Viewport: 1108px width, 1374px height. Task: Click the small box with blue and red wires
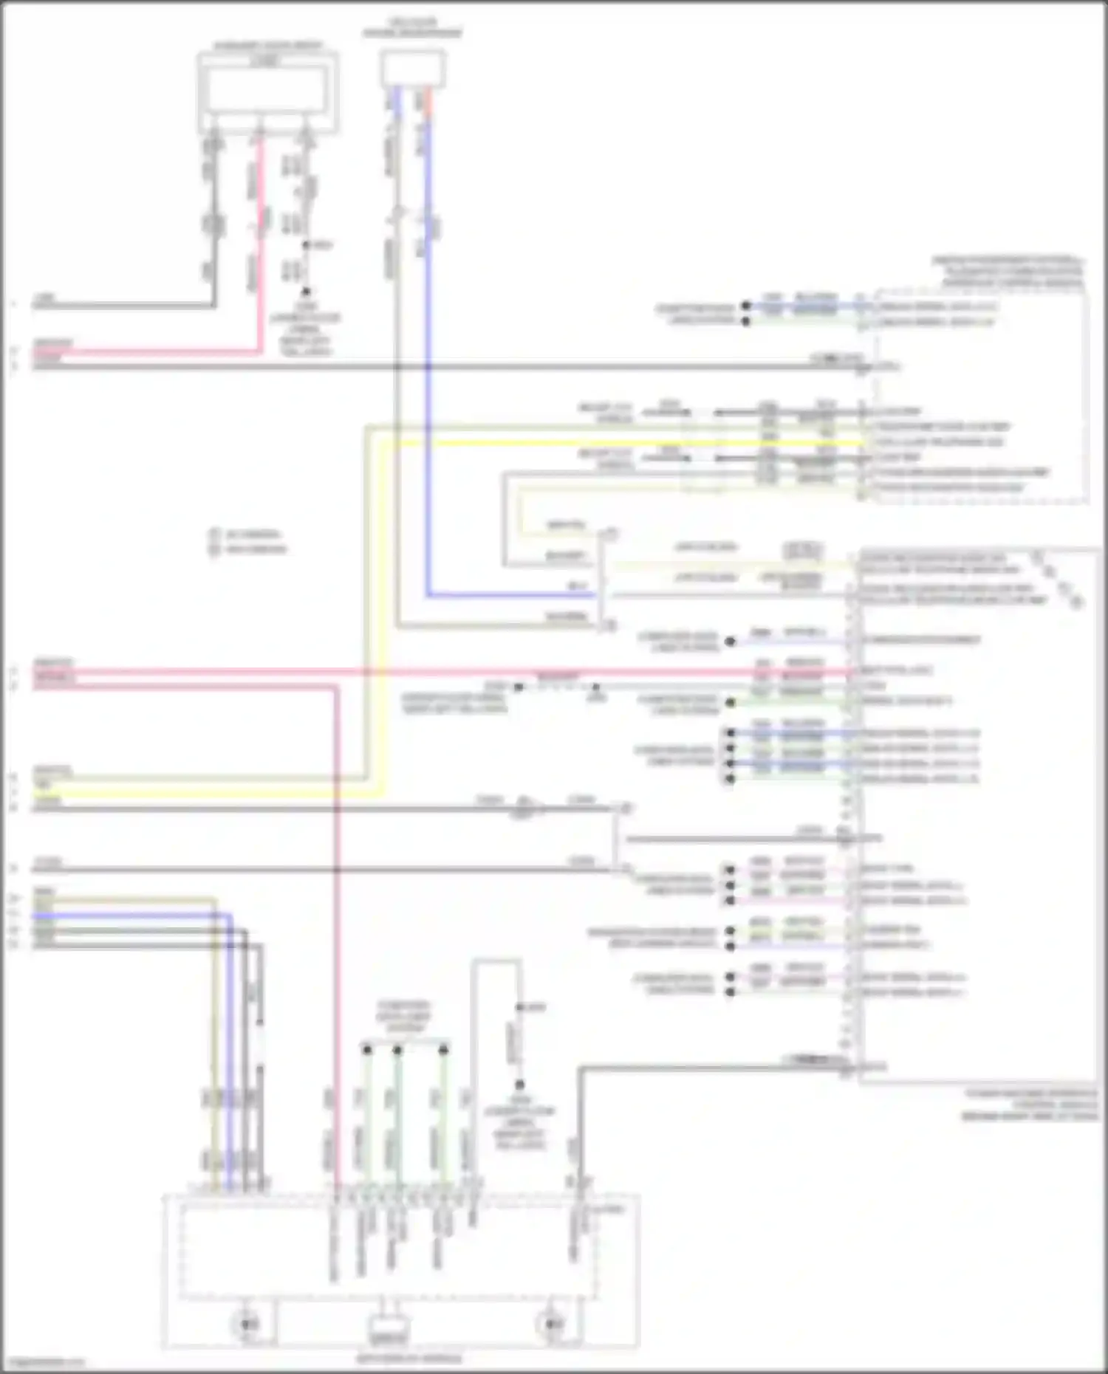[413, 69]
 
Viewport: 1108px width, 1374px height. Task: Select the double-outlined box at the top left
[267, 92]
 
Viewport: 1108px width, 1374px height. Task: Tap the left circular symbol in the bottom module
[249, 1323]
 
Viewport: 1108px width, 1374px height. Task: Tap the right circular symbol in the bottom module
[551, 1323]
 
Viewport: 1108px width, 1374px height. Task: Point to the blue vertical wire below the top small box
[428, 369]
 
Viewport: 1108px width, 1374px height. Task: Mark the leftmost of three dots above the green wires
[367, 1048]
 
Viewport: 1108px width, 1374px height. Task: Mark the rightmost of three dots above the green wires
[443, 1048]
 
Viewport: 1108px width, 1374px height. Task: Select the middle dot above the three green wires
[397, 1048]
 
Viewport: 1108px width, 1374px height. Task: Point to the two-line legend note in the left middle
[248, 541]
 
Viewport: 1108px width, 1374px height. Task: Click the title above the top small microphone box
[412, 28]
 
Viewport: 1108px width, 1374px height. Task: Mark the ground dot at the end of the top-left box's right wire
[304, 292]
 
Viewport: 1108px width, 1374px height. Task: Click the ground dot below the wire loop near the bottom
[519, 1085]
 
